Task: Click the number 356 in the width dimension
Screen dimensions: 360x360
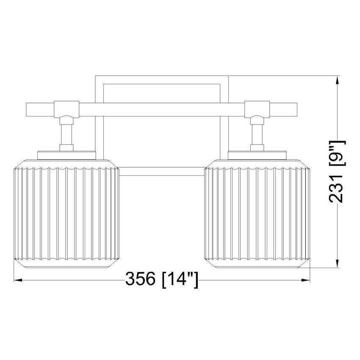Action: pos(140,279)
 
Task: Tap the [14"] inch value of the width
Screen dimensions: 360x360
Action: pos(180,280)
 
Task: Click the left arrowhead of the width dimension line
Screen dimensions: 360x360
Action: pos(18,280)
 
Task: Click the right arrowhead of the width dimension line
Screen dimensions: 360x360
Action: pos(305,280)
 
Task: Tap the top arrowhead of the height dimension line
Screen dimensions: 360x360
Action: pos(337,80)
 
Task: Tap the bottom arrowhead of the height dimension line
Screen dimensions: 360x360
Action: pos(337,263)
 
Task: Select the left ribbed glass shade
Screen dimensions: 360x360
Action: pos(66,214)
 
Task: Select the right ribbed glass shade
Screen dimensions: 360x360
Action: pos(257,214)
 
